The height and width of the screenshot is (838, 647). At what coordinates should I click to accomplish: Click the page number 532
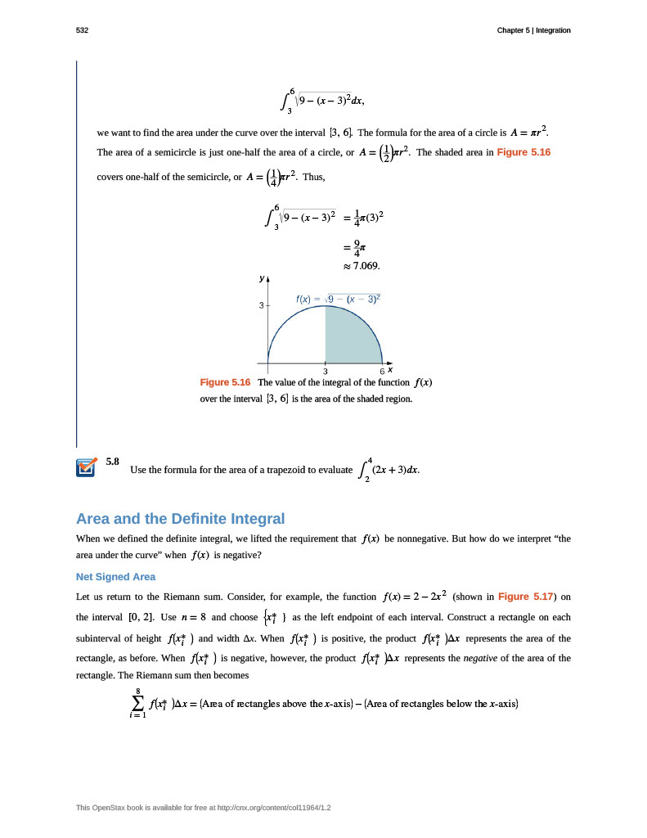tap(82, 30)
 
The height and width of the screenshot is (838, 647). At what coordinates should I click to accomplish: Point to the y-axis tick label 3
tap(261, 305)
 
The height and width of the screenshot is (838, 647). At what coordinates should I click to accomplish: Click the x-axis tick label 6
tap(382, 372)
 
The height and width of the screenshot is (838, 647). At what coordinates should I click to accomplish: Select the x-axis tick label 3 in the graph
tap(326, 372)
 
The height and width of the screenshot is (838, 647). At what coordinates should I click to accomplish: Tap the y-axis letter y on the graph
tap(262, 278)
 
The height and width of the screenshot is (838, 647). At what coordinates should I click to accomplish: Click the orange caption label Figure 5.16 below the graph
tap(225, 382)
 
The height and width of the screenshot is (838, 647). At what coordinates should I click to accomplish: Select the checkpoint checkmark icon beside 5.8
tap(87, 466)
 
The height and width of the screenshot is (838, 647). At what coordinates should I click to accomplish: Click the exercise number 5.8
tap(113, 462)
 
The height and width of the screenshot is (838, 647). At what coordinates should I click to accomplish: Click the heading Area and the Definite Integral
tap(180, 518)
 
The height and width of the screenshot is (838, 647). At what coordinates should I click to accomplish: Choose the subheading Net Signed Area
tap(115, 577)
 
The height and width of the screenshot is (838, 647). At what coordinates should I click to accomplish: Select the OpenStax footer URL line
tap(209, 808)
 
